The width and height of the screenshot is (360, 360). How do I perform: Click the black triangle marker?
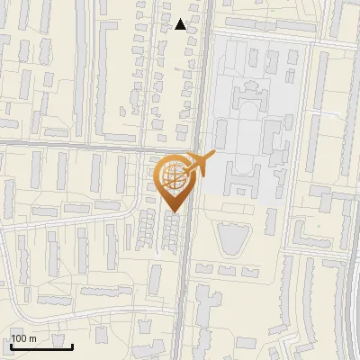coord(181,24)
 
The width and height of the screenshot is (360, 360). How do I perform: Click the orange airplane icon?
coord(200,163)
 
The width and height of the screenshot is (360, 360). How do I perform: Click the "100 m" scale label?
coord(24,338)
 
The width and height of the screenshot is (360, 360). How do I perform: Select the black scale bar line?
coord(41,346)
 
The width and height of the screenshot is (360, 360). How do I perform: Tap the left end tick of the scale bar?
coord(11,345)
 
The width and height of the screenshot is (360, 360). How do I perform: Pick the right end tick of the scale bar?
coord(72,345)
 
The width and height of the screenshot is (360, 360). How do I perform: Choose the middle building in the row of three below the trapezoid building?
coord(224,269)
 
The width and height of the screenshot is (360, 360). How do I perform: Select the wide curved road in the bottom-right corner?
coord(347,297)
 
